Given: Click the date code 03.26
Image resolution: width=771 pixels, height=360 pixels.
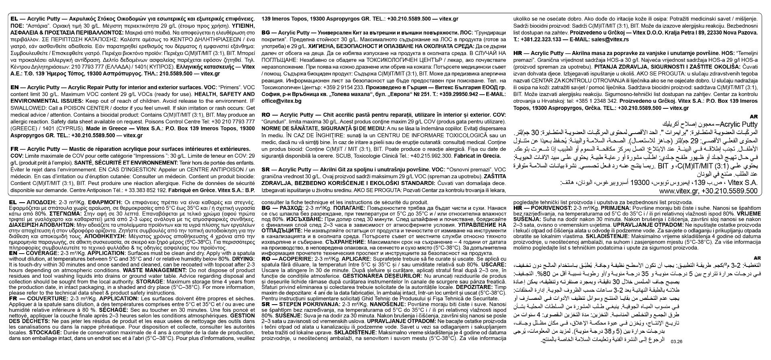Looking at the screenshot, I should [677, 341].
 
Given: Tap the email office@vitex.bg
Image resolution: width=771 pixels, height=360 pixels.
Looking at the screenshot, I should [281, 101].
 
